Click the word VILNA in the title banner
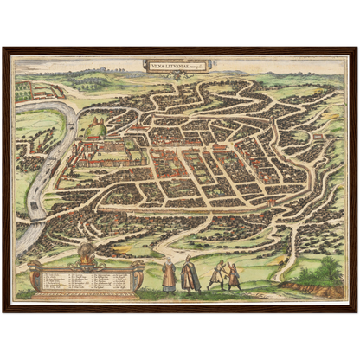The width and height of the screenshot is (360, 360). coord(156,63)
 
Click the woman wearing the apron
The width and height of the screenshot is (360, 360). coord(169,275)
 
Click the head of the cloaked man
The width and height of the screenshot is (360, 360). coord(190,261)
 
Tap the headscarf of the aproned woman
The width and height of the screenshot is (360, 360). coord(169,261)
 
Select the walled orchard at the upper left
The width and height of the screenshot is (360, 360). coord(26,89)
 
